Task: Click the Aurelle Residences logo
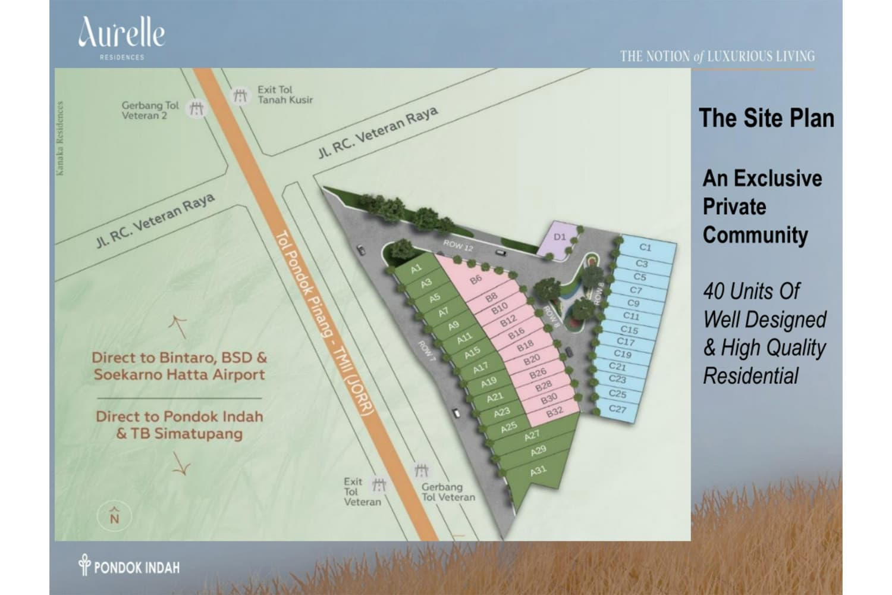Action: (121, 37)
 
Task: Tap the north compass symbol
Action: (115, 515)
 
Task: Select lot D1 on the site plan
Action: (560, 237)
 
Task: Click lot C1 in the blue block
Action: (646, 248)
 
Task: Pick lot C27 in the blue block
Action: (618, 409)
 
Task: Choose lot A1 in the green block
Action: (416, 270)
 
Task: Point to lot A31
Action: (538, 471)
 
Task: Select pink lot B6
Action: (476, 279)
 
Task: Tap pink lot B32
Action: (554, 411)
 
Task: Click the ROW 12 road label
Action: (458, 246)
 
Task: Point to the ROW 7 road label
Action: (427, 352)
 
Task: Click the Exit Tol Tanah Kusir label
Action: (285, 95)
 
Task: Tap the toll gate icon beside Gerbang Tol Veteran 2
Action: (196, 109)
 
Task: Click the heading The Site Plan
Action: (766, 118)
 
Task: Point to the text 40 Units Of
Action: (751, 292)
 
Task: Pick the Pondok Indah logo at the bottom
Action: (129, 566)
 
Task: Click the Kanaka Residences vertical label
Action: (59, 139)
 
